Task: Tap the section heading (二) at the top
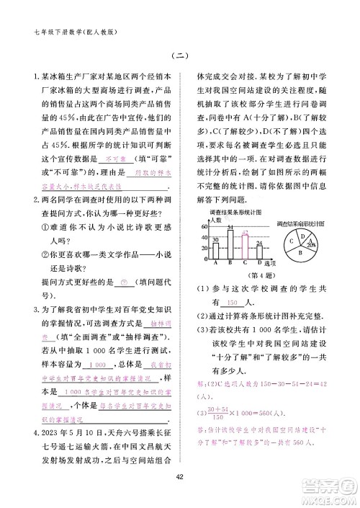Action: coord(180,57)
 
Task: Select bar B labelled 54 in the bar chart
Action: coord(230,244)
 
